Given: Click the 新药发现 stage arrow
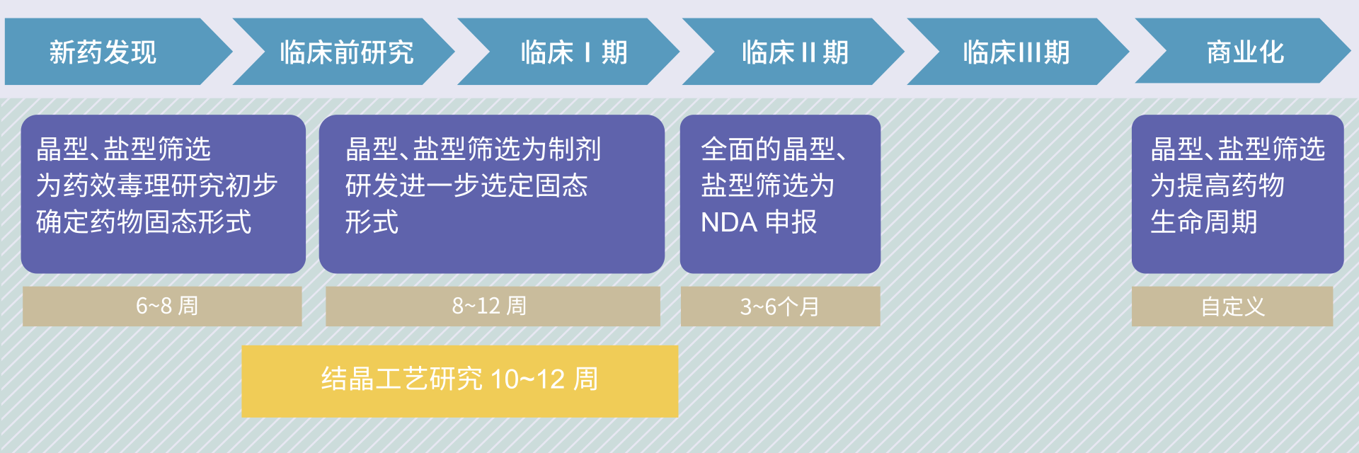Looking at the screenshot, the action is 113,52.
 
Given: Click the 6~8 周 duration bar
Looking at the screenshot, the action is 162,306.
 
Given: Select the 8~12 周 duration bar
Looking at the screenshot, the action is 493,306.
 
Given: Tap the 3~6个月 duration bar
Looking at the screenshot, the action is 780,306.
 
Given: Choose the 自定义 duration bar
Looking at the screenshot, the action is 1232,306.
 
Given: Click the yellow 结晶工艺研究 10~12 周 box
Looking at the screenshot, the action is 460,381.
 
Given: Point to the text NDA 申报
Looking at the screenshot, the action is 759,222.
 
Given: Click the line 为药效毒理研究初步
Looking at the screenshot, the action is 156,185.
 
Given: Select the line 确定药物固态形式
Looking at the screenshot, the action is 144,222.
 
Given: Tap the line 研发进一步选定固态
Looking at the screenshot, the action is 466,185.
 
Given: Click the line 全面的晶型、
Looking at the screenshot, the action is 774,149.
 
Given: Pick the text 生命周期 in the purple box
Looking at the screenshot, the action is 1204,222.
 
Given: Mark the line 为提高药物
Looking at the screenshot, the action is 1217,185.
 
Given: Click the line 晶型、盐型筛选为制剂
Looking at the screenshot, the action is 473,149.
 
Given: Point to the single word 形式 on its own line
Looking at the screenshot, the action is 372,222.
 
